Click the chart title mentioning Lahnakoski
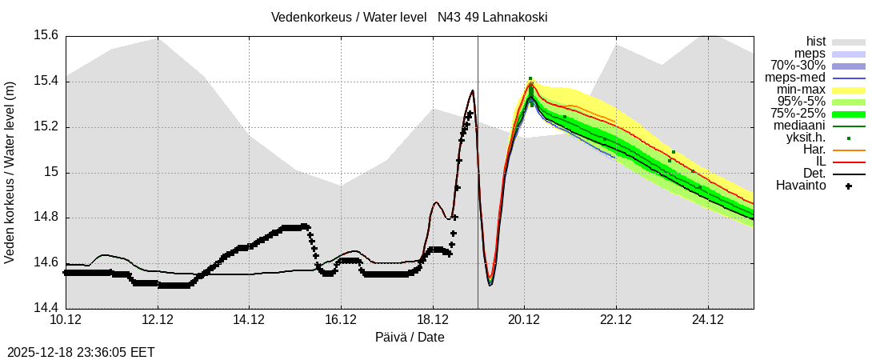pos(409,17)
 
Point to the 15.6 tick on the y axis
pos(46,35)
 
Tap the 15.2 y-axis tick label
pos(46,126)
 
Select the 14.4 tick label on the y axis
pos(46,308)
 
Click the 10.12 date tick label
pos(66,320)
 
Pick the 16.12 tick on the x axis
pos(341,320)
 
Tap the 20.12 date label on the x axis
pos(524,320)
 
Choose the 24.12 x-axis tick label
pos(707,320)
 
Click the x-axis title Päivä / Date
pos(410,337)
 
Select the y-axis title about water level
pos(10,172)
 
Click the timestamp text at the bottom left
pos(81,352)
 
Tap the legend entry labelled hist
pos(816,42)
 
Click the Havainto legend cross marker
pos(849,186)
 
